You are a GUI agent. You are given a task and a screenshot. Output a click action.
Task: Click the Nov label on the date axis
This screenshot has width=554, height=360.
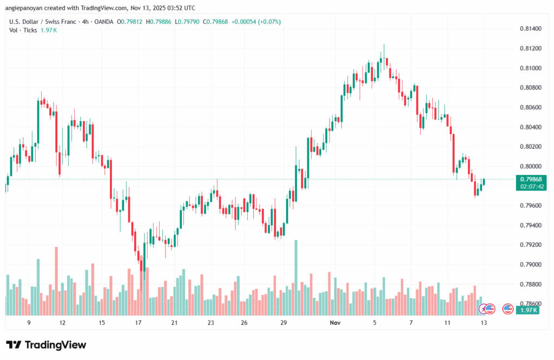coord(336,323)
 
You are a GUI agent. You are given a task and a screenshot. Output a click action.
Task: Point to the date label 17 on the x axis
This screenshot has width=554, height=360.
coord(138,323)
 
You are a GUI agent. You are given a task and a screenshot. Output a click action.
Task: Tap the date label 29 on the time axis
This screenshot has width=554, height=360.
coord(283,323)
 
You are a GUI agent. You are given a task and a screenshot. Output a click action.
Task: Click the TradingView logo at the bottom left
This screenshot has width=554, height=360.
coord(46,345)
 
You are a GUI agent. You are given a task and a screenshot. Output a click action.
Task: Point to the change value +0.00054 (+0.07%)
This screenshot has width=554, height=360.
coord(256,22)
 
